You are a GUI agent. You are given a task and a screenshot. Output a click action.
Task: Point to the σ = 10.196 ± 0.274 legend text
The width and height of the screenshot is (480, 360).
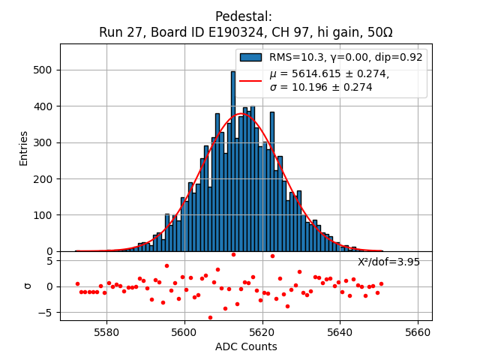click(320, 87)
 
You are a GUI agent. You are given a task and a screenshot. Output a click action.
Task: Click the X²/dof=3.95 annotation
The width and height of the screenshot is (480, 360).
click(388, 262)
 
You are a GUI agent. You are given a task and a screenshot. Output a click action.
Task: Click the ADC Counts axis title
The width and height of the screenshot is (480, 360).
click(246, 346)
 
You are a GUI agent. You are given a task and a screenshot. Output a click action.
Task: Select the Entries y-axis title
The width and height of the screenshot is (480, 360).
click(24, 148)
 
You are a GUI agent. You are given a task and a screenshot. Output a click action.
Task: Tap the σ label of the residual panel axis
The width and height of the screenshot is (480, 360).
click(28, 286)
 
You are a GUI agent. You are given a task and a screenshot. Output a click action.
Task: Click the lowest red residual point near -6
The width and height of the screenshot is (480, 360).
click(210, 317)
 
